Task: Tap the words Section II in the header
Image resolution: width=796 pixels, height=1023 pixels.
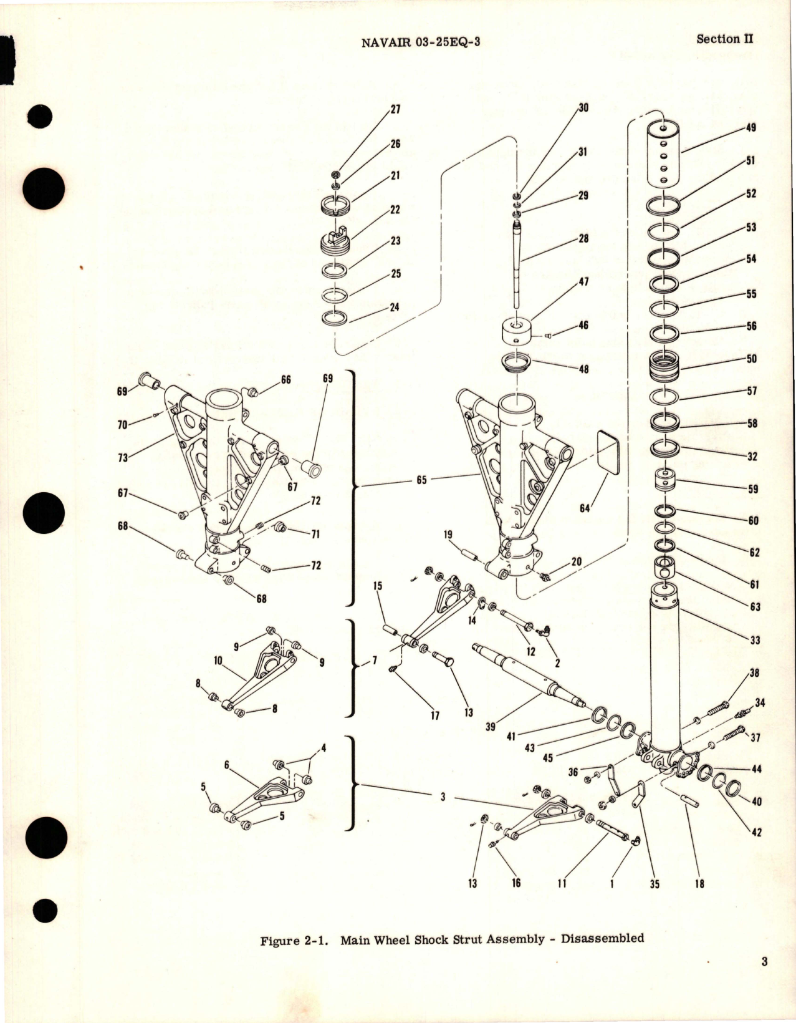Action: pyautogui.click(x=724, y=39)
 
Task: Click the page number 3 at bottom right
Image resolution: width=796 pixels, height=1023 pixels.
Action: pyautogui.click(x=764, y=979)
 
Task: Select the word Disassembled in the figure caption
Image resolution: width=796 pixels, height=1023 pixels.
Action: pyautogui.click(x=602, y=938)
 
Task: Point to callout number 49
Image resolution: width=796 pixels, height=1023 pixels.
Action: pyautogui.click(x=750, y=128)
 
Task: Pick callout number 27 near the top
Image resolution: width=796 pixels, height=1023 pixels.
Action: pyautogui.click(x=395, y=109)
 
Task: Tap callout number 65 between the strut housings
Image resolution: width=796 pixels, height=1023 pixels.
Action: pyautogui.click(x=421, y=480)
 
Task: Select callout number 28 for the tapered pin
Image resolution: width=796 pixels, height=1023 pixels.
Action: pyautogui.click(x=583, y=238)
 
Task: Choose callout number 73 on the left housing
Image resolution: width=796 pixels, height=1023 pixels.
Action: pyautogui.click(x=122, y=457)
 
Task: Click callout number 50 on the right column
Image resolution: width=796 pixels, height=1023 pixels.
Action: pyautogui.click(x=752, y=359)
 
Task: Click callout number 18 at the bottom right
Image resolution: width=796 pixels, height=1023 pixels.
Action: pyautogui.click(x=699, y=883)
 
